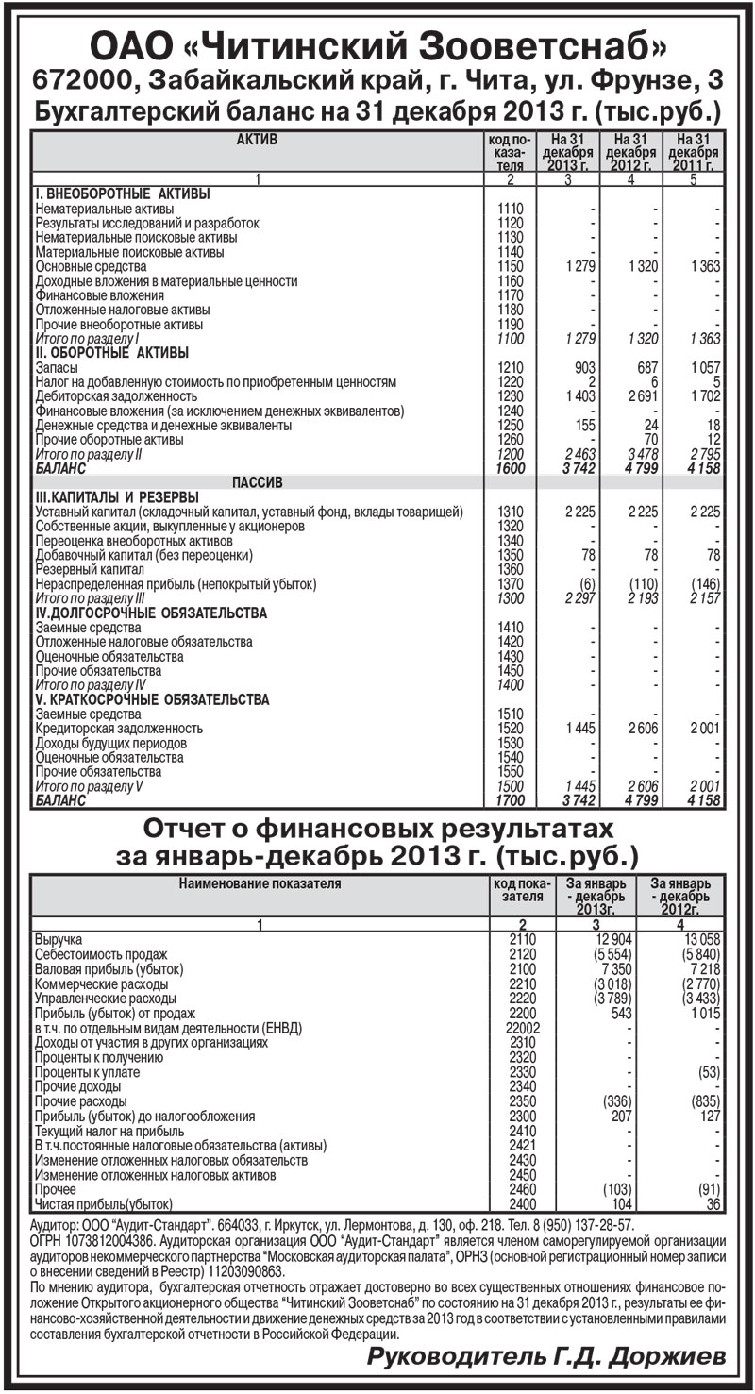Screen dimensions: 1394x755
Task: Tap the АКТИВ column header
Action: [257, 139]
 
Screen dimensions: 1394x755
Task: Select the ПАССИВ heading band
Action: [257, 482]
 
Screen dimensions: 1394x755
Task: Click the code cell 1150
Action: [510, 266]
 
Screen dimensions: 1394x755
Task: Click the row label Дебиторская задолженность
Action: [116, 396]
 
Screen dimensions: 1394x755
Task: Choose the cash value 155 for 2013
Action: [585, 426]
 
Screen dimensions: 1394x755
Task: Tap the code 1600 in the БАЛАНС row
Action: [510, 468]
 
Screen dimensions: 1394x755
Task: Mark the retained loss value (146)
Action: [703, 584]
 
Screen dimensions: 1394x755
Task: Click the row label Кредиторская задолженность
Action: [119, 729]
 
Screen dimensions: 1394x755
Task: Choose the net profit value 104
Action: [619, 1205]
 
